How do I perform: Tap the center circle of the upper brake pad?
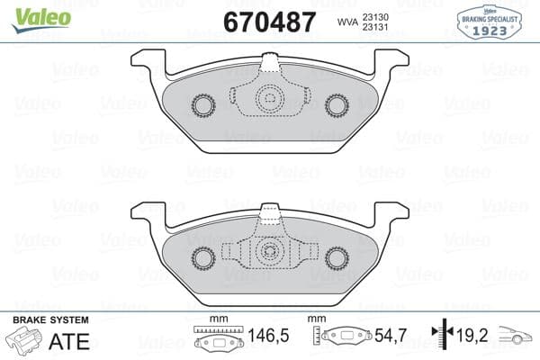tap(270, 100)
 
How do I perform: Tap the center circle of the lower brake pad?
tap(270, 253)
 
